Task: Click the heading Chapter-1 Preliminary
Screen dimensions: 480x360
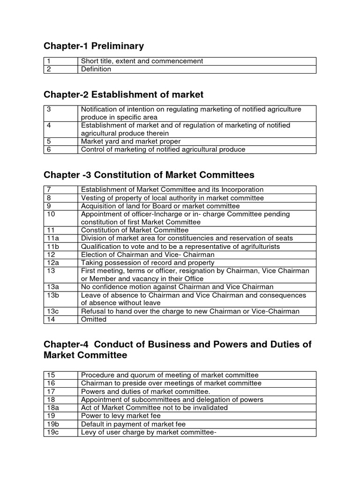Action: (x=93, y=46)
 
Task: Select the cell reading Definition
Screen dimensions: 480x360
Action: (x=96, y=69)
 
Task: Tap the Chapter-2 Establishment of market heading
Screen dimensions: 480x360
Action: (x=123, y=95)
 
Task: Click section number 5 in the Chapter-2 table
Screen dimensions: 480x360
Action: (x=49, y=141)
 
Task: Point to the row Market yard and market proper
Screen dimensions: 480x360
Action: (x=131, y=141)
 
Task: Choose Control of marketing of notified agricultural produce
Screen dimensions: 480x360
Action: (x=163, y=150)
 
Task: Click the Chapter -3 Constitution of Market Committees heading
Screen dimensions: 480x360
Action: (x=149, y=175)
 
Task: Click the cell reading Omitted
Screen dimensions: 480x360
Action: (x=94, y=319)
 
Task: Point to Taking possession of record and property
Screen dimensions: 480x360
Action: (x=148, y=262)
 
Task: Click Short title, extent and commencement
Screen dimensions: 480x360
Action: (x=142, y=61)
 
